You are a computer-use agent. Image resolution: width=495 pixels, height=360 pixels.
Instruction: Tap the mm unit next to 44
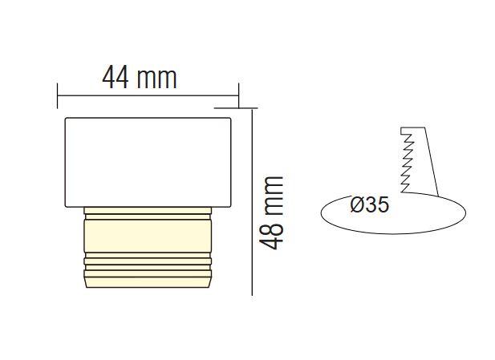pos(156,78)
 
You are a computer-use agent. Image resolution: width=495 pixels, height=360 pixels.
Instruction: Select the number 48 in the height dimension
pos(273,233)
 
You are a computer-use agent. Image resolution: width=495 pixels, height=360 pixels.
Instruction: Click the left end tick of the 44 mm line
pos(57,94)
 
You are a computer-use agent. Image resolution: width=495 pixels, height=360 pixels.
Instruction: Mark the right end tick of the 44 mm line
pos(238,94)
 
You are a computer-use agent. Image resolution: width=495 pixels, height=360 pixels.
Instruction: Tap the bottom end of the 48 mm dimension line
pos(253,293)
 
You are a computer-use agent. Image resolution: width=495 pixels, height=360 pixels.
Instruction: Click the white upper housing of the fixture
pos(148,160)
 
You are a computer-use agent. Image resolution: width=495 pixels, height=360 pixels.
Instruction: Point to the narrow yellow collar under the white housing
pos(148,211)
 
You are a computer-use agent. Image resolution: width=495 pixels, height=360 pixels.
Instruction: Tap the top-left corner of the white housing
pos(66,119)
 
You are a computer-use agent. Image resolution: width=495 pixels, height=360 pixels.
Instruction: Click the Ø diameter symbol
pos(358,205)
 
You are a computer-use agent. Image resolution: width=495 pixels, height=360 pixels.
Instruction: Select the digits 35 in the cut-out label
pos(378,205)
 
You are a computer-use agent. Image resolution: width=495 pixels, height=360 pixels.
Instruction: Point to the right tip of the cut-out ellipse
pos(465,212)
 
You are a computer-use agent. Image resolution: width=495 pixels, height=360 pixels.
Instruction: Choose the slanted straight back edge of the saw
pos(430,160)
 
